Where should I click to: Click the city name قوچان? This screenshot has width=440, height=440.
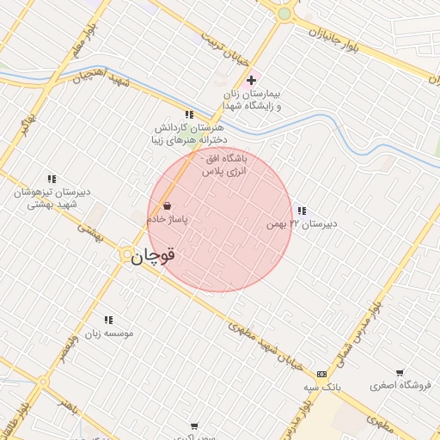[x=156, y=255]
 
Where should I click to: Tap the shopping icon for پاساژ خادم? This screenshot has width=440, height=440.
[x=167, y=206]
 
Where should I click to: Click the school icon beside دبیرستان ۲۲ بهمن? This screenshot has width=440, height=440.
[x=301, y=211]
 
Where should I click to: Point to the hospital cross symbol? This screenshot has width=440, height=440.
[x=251, y=80]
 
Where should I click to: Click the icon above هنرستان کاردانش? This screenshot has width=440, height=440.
[x=189, y=114]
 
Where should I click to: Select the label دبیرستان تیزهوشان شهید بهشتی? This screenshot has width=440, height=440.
[x=46, y=199]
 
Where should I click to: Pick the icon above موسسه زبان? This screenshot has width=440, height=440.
[x=107, y=320]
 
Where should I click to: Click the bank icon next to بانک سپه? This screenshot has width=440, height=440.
[x=321, y=374]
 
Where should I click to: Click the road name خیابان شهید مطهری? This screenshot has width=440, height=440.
[x=267, y=344]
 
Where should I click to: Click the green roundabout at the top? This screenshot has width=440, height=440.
[x=284, y=13]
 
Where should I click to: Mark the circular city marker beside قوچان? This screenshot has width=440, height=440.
[x=126, y=254]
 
